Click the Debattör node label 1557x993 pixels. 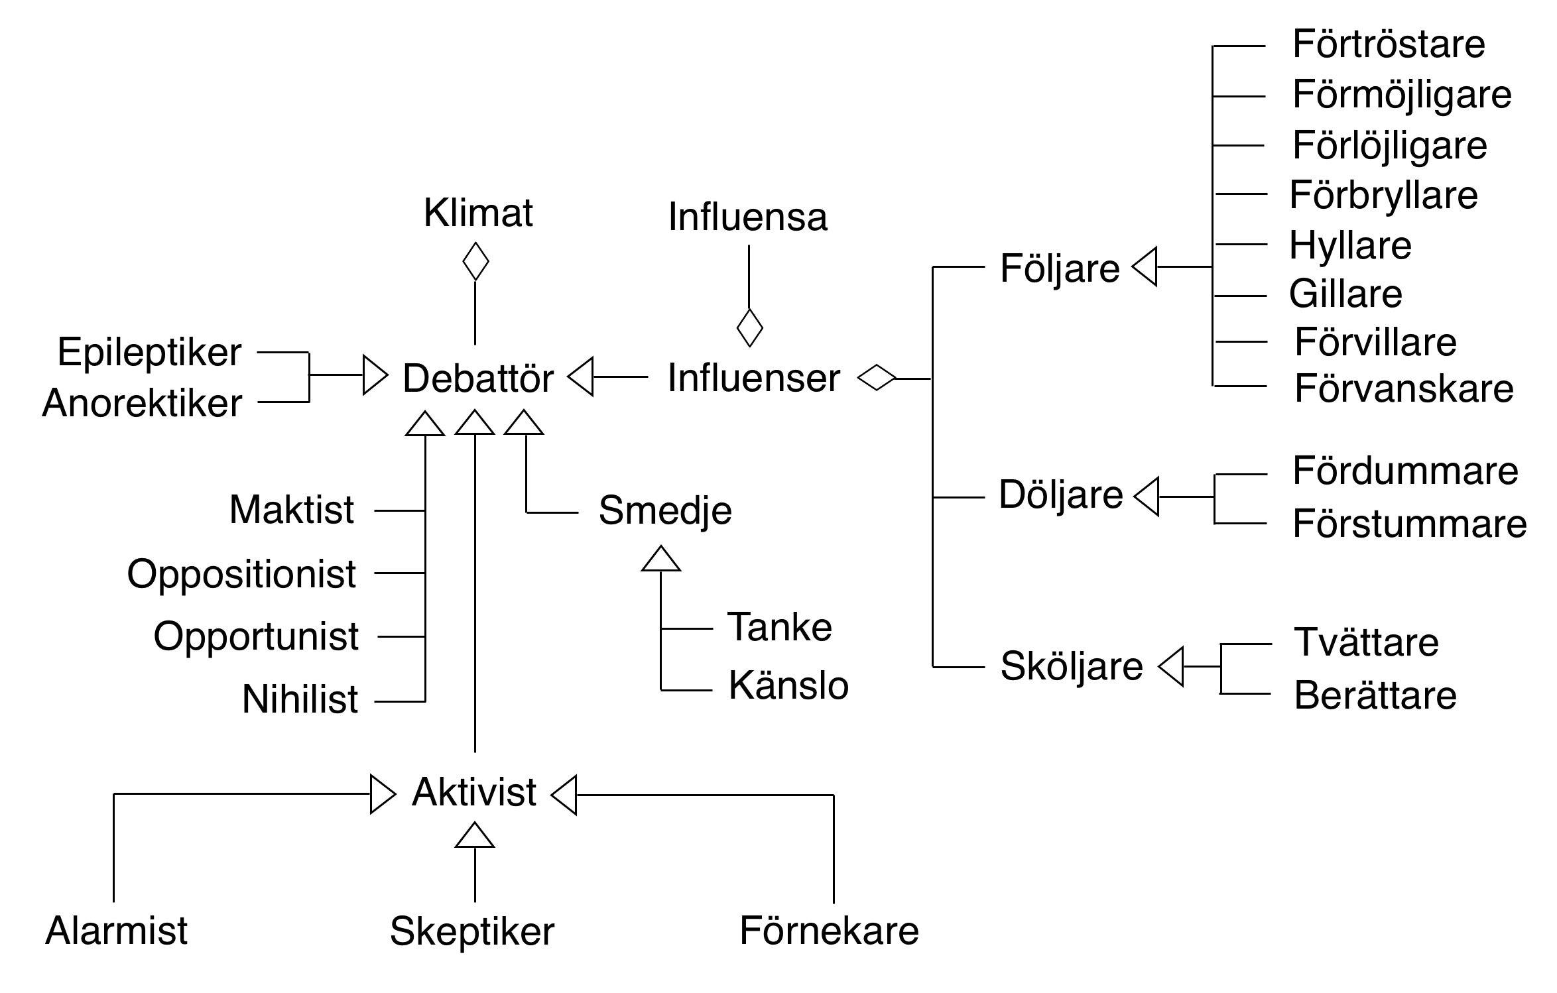477,379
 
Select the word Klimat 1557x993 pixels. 478,213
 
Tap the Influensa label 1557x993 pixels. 747,217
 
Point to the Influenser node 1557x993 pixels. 753,378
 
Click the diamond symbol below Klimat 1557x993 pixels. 475,261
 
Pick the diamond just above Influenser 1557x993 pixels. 749,327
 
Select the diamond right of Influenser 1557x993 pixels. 876,378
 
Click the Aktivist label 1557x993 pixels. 473,792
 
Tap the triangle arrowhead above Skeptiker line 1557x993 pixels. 475,835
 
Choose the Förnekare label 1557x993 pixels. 829,931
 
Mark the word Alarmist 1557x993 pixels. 117,930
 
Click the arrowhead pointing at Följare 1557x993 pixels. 1145,266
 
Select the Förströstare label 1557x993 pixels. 1389,44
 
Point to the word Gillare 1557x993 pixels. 1345,294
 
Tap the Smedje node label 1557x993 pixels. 665,510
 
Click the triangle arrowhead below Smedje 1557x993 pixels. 660,559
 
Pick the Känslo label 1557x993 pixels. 788,685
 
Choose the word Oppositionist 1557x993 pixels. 241,574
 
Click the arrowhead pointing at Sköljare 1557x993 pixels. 1171,666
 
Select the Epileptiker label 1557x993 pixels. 149,352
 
